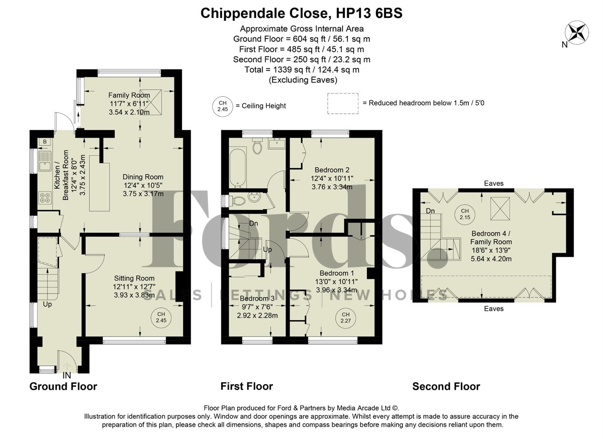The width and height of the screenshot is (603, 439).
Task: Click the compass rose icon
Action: click(x=577, y=33)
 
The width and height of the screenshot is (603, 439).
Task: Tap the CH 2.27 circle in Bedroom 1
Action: click(x=345, y=317)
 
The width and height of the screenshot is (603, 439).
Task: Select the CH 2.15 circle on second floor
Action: click(x=465, y=214)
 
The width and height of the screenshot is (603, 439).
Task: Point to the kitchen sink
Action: click(x=44, y=161)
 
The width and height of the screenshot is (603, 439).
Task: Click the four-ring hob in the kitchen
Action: click(x=44, y=198)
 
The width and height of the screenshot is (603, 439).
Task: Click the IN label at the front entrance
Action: click(x=66, y=376)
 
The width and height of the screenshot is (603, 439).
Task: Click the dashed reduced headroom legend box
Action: click(x=343, y=104)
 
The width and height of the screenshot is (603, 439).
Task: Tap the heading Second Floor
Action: click(x=446, y=386)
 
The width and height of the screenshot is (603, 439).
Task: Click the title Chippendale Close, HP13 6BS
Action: click(x=301, y=13)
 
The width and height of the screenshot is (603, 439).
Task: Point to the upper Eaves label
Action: click(x=494, y=183)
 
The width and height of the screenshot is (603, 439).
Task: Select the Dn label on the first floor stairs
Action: click(x=253, y=224)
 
